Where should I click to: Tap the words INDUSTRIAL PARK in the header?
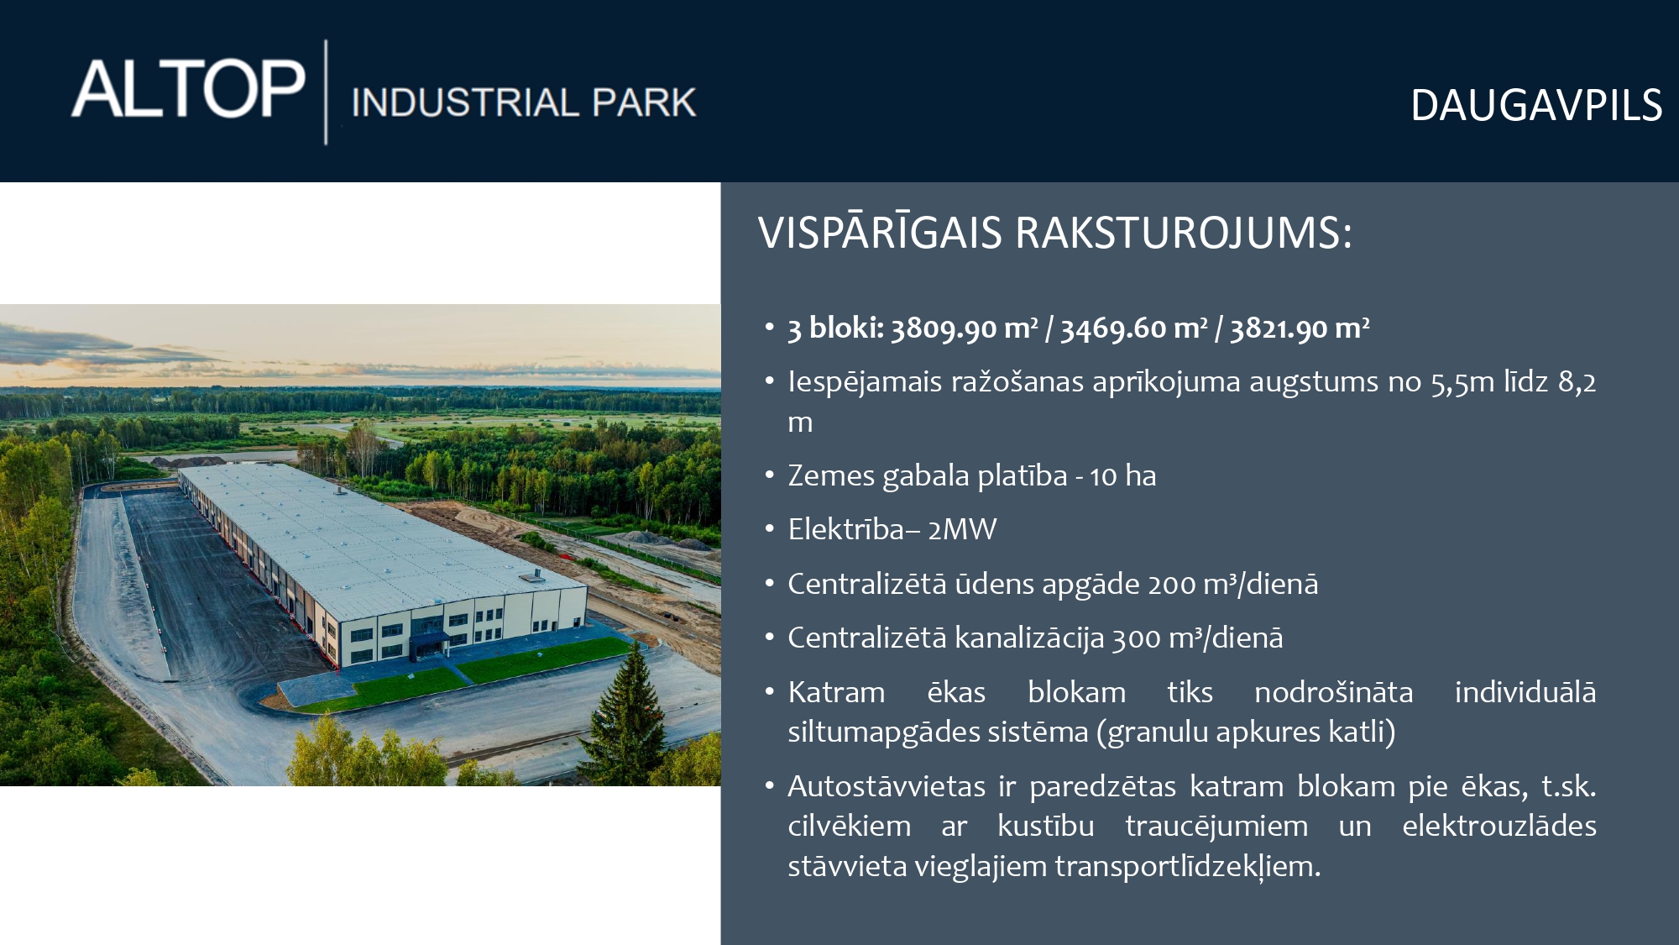[524, 102]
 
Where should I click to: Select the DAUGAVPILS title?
[1535, 106]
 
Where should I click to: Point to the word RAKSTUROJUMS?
[1184, 233]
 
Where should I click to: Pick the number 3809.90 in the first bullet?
[944, 328]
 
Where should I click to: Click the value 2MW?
[962, 529]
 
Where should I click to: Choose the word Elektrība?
[846, 529]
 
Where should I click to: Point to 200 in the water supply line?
[1172, 584]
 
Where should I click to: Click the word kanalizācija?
[1029, 638]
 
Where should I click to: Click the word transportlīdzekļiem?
[1188, 866]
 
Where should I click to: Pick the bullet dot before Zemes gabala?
[769, 475]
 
